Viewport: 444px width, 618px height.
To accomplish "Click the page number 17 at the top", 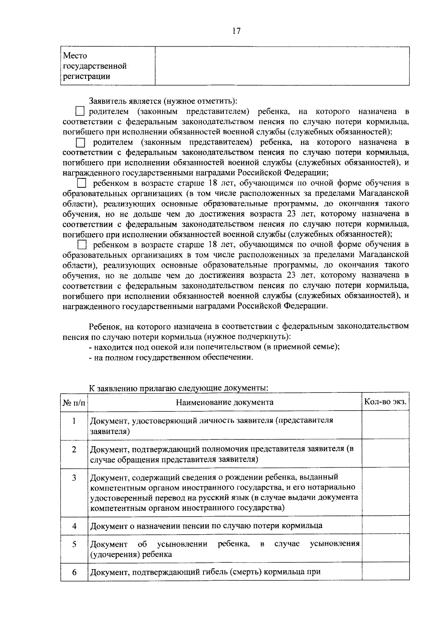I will coord(236,31).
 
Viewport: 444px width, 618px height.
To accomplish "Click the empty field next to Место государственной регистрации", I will coord(282,66).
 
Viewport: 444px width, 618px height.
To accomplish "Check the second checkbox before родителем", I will coord(80,143).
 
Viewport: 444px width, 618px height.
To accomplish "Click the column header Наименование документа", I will coord(225,402).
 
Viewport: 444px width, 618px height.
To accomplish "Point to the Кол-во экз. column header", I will coord(385,402).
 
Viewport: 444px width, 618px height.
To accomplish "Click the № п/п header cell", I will coord(74,402).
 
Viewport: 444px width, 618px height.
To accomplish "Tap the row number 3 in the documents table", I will coord(74,478).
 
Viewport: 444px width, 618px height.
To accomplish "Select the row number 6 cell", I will coord(74,572).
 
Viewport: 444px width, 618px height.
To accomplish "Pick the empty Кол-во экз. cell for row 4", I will coord(385,526).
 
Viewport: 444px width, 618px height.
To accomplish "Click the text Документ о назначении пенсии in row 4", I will coord(206,526).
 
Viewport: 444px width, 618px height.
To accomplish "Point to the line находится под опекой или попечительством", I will coord(215,347).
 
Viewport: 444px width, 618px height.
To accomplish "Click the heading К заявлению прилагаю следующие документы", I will coord(178,388).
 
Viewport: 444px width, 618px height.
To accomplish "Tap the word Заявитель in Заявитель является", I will coord(107,101).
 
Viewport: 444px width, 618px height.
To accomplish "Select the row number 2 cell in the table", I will coord(74,450).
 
